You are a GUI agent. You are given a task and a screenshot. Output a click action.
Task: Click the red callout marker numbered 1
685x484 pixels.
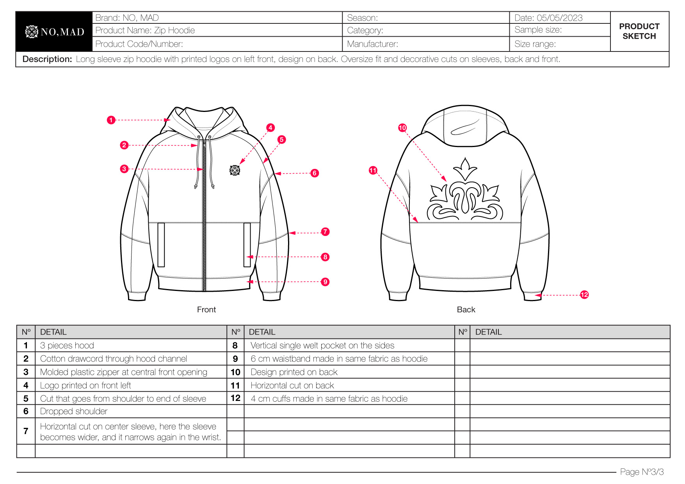[x=111, y=120]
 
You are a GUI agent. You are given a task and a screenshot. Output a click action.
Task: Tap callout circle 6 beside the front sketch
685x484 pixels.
[x=315, y=173]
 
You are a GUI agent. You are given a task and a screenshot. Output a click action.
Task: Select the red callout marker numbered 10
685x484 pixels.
[x=402, y=128]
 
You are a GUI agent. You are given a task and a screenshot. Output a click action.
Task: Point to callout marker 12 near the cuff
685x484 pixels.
[x=584, y=295]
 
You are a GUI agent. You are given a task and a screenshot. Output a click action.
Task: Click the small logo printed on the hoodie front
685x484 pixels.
[x=235, y=170]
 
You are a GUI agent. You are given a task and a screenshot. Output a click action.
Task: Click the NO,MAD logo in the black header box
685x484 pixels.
[x=55, y=32]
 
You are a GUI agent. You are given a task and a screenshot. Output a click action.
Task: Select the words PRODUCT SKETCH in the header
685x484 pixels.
[x=639, y=31]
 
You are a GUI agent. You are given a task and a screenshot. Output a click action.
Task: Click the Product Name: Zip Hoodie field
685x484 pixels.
[x=145, y=30]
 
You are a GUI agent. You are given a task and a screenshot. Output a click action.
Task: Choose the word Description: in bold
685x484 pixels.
[x=47, y=59]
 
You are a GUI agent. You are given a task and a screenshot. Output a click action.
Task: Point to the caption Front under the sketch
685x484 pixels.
[x=206, y=310]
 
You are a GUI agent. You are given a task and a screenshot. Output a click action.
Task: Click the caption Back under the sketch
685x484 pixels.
[x=466, y=310]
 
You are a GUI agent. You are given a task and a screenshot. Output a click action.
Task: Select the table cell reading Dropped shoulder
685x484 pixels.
[x=74, y=411]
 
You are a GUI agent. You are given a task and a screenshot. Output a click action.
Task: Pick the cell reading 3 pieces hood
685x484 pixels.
[x=67, y=346]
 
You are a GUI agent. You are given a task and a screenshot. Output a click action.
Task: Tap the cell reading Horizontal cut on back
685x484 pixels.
[x=292, y=386]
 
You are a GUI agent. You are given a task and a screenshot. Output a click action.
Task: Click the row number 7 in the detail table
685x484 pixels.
[x=26, y=431]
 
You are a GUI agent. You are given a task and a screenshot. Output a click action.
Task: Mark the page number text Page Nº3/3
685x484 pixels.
[x=642, y=472]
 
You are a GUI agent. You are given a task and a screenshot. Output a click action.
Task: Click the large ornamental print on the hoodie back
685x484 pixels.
[x=465, y=191]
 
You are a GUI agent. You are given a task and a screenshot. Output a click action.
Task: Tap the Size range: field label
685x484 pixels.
[x=535, y=44]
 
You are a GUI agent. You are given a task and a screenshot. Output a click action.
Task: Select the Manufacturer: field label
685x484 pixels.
[x=372, y=44]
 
